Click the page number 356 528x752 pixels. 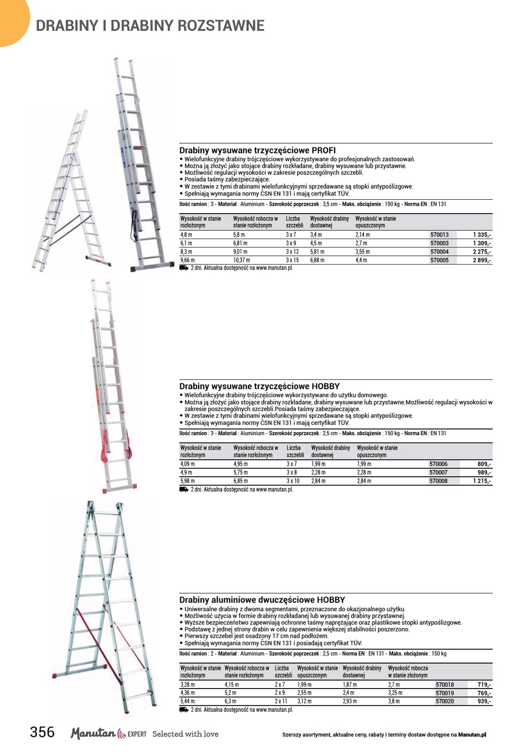pyautogui.click(x=42, y=732)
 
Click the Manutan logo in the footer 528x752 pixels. pyautogui.click(x=93, y=733)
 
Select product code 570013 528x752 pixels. pyautogui.click(x=439, y=235)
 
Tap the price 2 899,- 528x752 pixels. pyautogui.click(x=482, y=260)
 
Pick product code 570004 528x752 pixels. pyautogui.click(x=439, y=252)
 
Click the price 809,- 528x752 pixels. pyautogui.click(x=484, y=464)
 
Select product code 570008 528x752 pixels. pyautogui.click(x=439, y=481)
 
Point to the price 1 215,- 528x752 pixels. pyautogui.click(x=482, y=481)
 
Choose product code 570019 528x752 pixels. pyautogui.click(x=445, y=693)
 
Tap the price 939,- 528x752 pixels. pyautogui.click(x=484, y=701)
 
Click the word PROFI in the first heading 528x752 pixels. pyautogui.click(x=324, y=151)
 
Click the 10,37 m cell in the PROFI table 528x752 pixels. pyautogui.click(x=242, y=260)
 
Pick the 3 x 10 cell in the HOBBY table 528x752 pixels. pyautogui.click(x=293, y=481)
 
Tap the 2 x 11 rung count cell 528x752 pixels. pyautogui.click(x=281, y=701)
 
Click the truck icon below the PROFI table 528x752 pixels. pyautogui.click(x=184, y=268)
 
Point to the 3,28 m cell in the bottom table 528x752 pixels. pyautogui.click(x=187, y=685)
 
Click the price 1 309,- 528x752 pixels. pyautogui.click(x=482, y=243)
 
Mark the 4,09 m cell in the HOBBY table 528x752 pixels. pyautogui.click(x=188, y=464)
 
